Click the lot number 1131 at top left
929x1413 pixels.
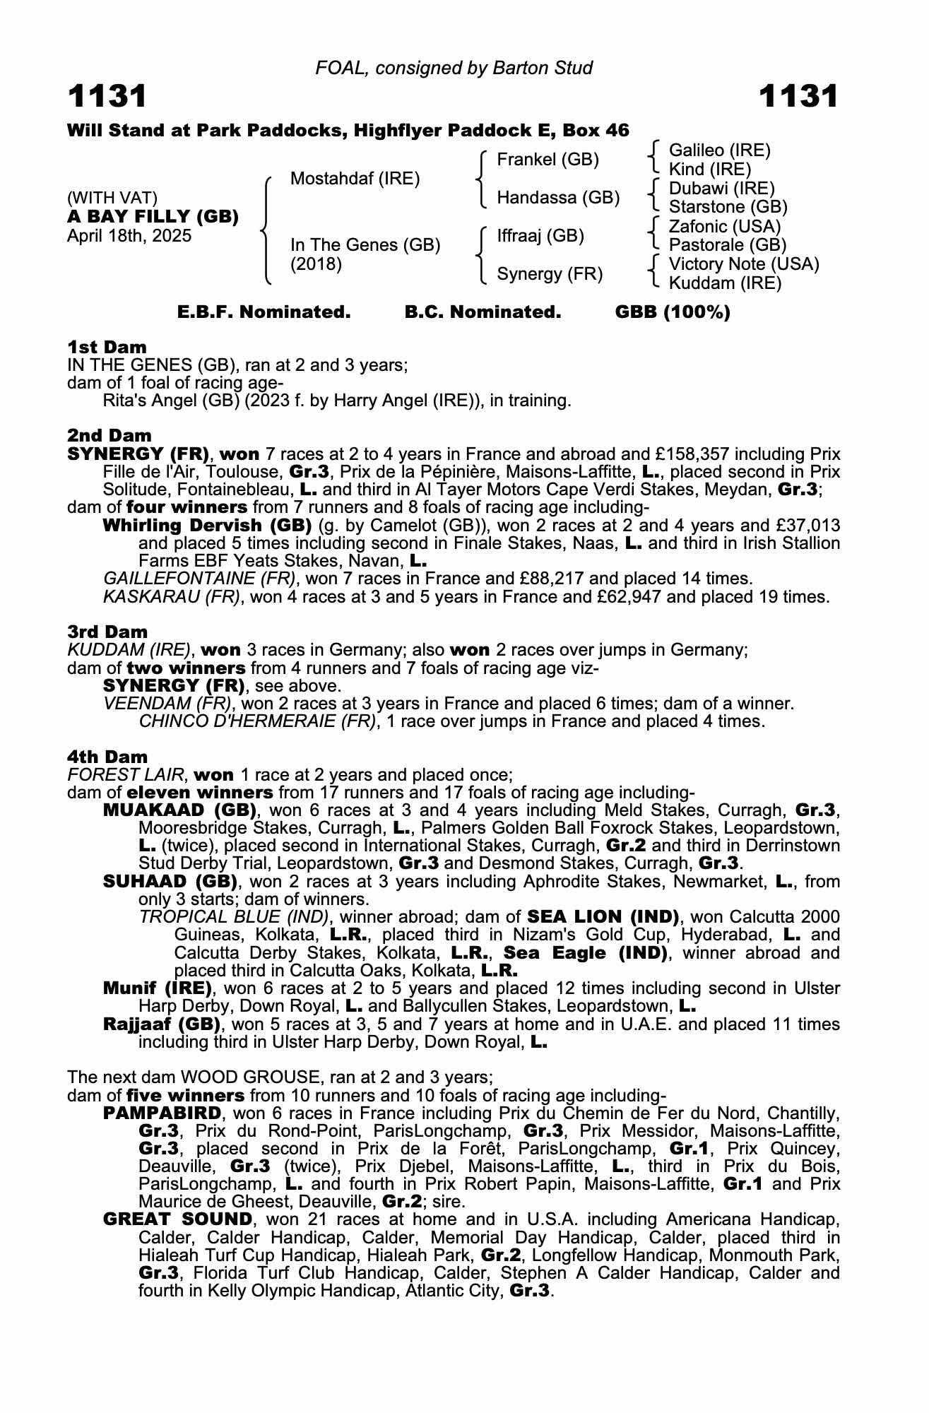click(x=107, y=96)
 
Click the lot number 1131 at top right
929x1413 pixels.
click(x=799, y=96)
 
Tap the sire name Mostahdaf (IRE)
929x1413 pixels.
click(x=355, y=179)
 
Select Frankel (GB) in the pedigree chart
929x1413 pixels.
click(x=548, y=160)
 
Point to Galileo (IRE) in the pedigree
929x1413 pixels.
click(x=719, y=150)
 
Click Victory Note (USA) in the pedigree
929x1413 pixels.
click(x=744, y=264)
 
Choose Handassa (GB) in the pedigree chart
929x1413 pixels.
click(x=558, y=198)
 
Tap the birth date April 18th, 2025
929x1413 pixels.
click(x=129, y=236)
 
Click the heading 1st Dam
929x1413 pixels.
click(x=107, y=347)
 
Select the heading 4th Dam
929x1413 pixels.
click(x=107, y=757)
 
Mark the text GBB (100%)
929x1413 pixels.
click(x=673, y=312)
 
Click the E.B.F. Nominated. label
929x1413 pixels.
click(x=264, y=312)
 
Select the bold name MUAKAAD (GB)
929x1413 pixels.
click(x=180, y=810)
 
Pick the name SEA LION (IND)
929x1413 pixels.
click(x=603, y=917)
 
